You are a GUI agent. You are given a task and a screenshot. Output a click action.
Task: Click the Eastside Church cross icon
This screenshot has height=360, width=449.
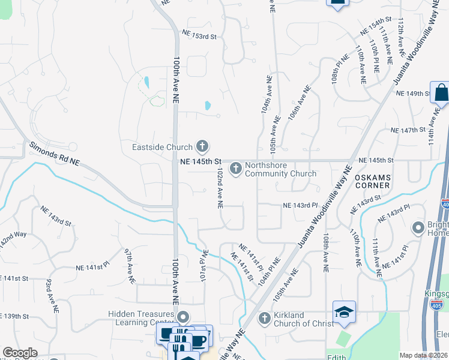(x=202, y=146)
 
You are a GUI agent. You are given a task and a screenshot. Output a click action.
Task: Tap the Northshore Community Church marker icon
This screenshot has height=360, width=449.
(x=235, y=168)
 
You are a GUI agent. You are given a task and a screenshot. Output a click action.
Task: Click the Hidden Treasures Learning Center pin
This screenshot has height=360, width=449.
(x=184, y=316)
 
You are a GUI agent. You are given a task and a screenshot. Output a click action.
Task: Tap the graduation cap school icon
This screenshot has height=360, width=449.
(x=345, y=313)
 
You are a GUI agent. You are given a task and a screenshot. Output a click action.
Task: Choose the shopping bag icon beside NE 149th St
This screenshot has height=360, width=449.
(x=440, y=94)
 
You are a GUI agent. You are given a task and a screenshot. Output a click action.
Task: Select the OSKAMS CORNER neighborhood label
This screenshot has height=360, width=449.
(x=372, y=182)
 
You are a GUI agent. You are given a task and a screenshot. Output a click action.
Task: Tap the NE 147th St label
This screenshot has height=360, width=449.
(x=408, y=130)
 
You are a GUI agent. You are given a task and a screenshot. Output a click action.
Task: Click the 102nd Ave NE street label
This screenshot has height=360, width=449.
(x=220, y=188)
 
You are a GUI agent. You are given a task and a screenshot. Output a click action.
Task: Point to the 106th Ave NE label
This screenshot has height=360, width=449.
(x=299, y=104)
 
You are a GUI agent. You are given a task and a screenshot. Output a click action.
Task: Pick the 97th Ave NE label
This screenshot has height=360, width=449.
(x=129, y=265)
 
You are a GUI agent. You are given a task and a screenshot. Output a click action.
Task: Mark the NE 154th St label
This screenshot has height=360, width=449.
(x=375, y=26)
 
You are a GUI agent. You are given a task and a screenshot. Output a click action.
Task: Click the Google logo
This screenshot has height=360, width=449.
(x=20, y=353)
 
